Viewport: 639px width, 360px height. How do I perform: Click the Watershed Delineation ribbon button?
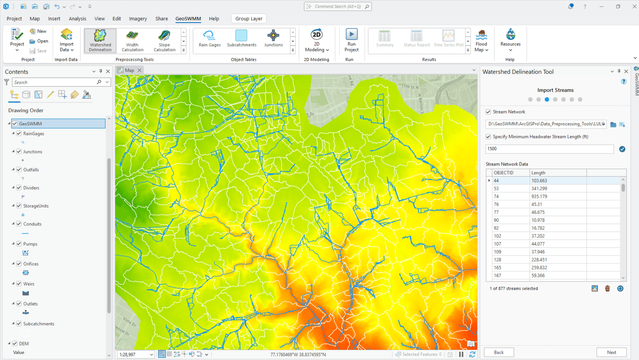pyautogui.click(x=100, y=41)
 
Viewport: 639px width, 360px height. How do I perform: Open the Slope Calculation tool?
pyautogui.click(x=164, y=41)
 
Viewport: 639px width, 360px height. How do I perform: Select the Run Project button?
pyautogui.click(x=351, y=41)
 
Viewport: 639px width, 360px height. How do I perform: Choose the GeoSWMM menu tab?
pyautogui.click(x=188, y=19)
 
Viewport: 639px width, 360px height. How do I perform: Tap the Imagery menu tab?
pyautogui.click(x=138, y=19)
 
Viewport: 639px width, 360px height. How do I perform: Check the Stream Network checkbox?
pyautogui.click(x=488, y=112)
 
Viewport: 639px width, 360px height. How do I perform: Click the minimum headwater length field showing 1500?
pyautogui.click(x=549, y=149)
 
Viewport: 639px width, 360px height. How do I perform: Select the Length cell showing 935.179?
pyautogui.click(x=539, y=196)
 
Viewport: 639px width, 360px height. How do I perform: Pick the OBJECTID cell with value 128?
pyautogui.click(x=498, y=260)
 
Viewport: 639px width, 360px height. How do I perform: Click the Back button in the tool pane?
pyautogui.click(x=499, y=352)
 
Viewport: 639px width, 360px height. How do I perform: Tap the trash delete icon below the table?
pyautogui.click(x=607, y=288)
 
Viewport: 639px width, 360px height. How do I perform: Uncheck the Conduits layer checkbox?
pyautogui.click(x=19, y=224)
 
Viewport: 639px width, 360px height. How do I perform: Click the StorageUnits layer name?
pyautogui.click(x=36, y=206)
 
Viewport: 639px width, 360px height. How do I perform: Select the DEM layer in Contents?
pyautogui.click(x=24, y=344)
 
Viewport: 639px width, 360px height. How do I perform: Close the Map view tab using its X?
pyautogui.click(x=140, y=70)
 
